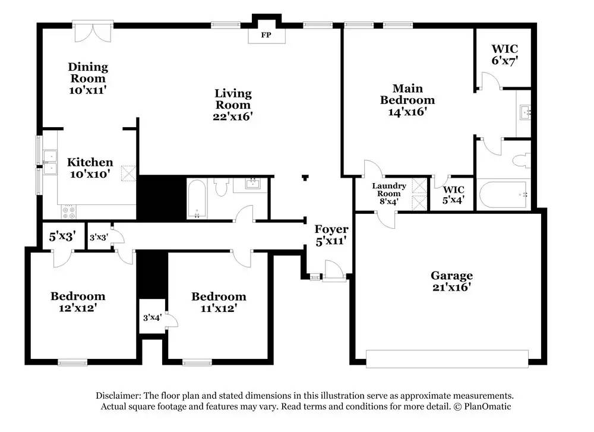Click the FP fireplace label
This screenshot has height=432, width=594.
click(x=266, y=35)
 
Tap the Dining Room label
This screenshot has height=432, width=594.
click(x=88, y=72)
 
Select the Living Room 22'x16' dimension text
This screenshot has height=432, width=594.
click(x=233, y=116)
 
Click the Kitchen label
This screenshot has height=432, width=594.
click(x=90, y=162)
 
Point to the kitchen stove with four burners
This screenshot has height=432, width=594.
click(x=68, y=212)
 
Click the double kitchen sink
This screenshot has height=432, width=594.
click(x=50, y=162)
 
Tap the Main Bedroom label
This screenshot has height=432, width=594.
click(x=407, y=94)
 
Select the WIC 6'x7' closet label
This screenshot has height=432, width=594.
click(x=505, y=55)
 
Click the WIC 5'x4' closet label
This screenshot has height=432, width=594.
click(x=453, y=194)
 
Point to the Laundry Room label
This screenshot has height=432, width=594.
click(x=389, y=190)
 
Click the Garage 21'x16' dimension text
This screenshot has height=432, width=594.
click(x=451, y=287)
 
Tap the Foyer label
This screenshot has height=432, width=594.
click(x=331, y=229)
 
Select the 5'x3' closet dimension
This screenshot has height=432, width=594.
click(x=62, y=237)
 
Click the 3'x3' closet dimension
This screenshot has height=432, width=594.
click(x=99, y=237)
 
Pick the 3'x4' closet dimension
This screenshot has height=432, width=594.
click(x=152, y=317)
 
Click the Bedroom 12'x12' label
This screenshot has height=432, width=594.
click(x=78, y=302)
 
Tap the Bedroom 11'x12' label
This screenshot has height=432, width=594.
click(x=219, y=302)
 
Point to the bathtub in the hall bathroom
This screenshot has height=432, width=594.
click(x=197, y=198)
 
